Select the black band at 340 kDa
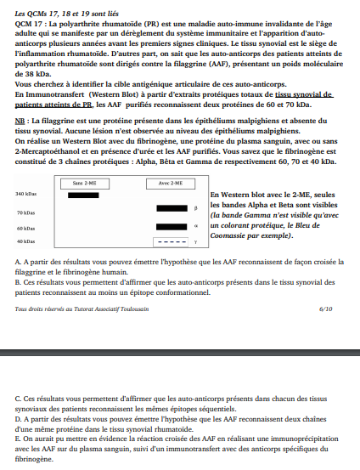(x=83, y=195)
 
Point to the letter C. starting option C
(x=18, y=398)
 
